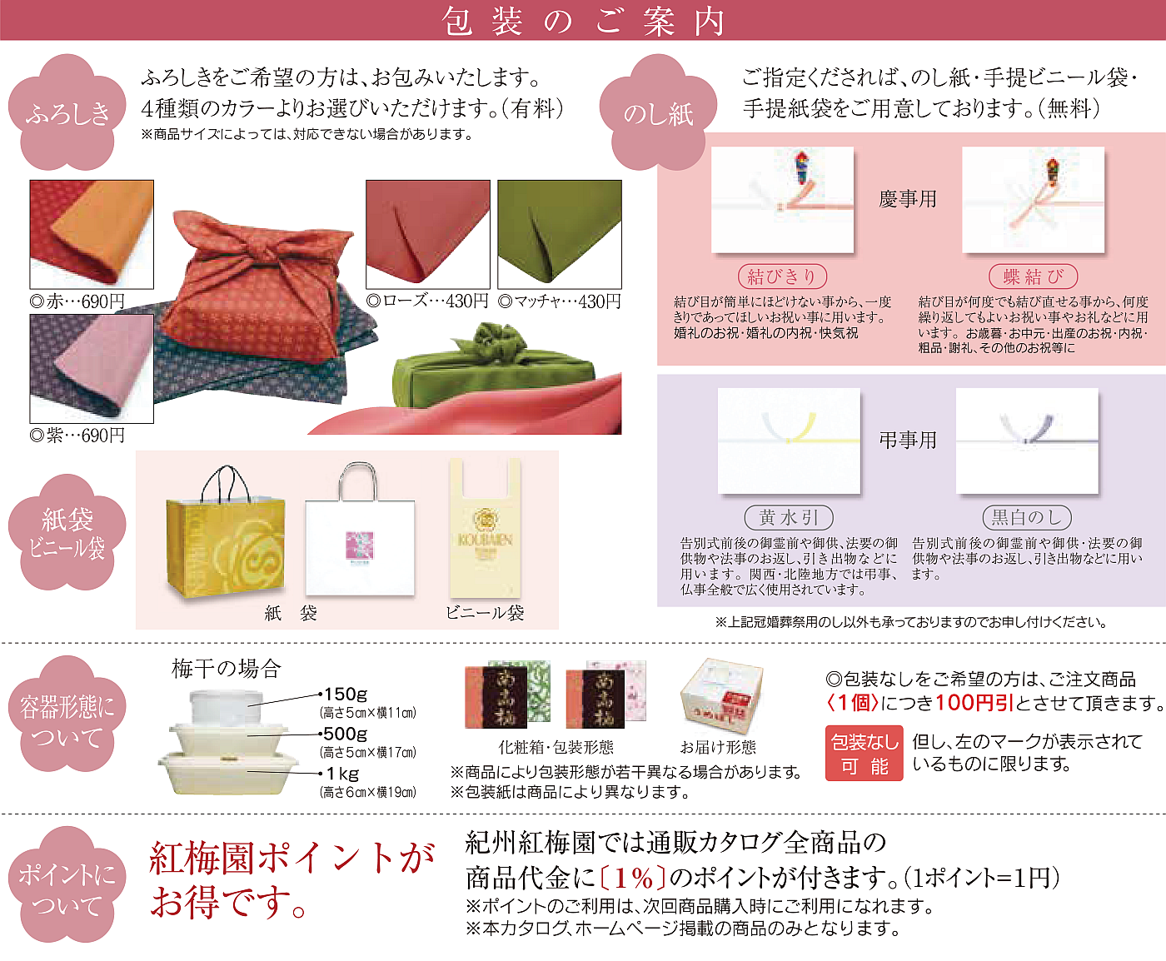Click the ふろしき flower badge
pyautogui.click(x=67, y=112)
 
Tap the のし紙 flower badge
pyautogui.click(x=659, y=112)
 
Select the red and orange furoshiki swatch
pyautogui.click(x=92, y=234)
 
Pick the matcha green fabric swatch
pyautogui.click(x=560, y=234)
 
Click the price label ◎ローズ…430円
pyautogui.click(x=427, y=301)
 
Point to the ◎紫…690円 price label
pyautogui.click(x=77, y=436)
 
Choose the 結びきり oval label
pyautogui.click(x=782, y=276)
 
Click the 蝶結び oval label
pyautogui.click(x=1033, y=276)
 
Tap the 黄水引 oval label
pyautogui.click(x=789, y=518)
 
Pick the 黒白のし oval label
pyautogui.click(x=1027, y=518)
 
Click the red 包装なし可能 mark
pyautogui.click(x=864, y=753)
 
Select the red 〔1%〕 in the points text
pyautogui.click(x=633, y=879)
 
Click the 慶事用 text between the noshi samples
pyautogui.click(x=908, y=199)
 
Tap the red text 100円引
pyautogui.click(x=974, y=703)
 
